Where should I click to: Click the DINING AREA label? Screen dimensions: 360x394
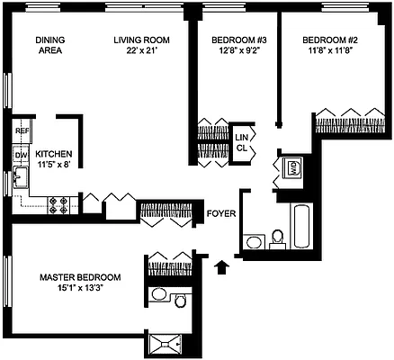(49, 46)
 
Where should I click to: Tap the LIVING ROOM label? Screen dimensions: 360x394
(141, 40)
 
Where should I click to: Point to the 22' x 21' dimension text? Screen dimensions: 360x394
(141, 52)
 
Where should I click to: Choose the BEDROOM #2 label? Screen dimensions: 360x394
(330, 40)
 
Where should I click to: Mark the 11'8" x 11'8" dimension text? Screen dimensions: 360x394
(330, 52)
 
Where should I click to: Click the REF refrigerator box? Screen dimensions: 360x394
(22, 132)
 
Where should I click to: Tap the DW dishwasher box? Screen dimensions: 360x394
(22, 156)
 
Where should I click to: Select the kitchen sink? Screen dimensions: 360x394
(19, 181)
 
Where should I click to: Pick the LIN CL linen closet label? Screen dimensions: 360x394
(241, 142)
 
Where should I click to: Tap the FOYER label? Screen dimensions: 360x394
(220, 213)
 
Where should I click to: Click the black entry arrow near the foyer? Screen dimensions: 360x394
(223, 265)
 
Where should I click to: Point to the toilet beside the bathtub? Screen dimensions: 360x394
(278, 238)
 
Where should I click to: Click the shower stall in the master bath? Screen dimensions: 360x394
(167, 343)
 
